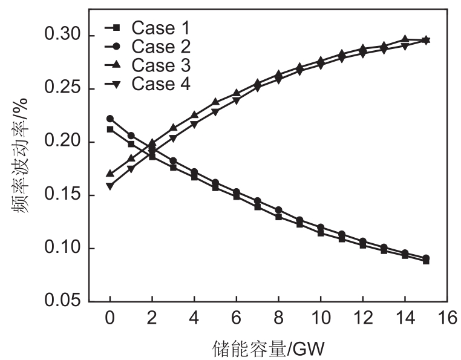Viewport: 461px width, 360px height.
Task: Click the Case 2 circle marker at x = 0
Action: tap(110, 119)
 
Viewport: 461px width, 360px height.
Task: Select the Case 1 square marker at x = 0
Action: tap(110, 129)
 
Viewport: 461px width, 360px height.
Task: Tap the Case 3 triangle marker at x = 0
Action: tap(110, 173)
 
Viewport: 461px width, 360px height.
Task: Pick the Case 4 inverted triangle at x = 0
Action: tap(110, 186)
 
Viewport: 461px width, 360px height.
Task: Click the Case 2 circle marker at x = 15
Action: tap(427, 258)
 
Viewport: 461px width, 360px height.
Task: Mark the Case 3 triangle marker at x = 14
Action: tap(405, 39)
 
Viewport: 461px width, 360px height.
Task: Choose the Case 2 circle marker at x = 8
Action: tap(278, 210)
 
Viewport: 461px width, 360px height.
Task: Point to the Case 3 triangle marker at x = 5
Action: tap(215, 102)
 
